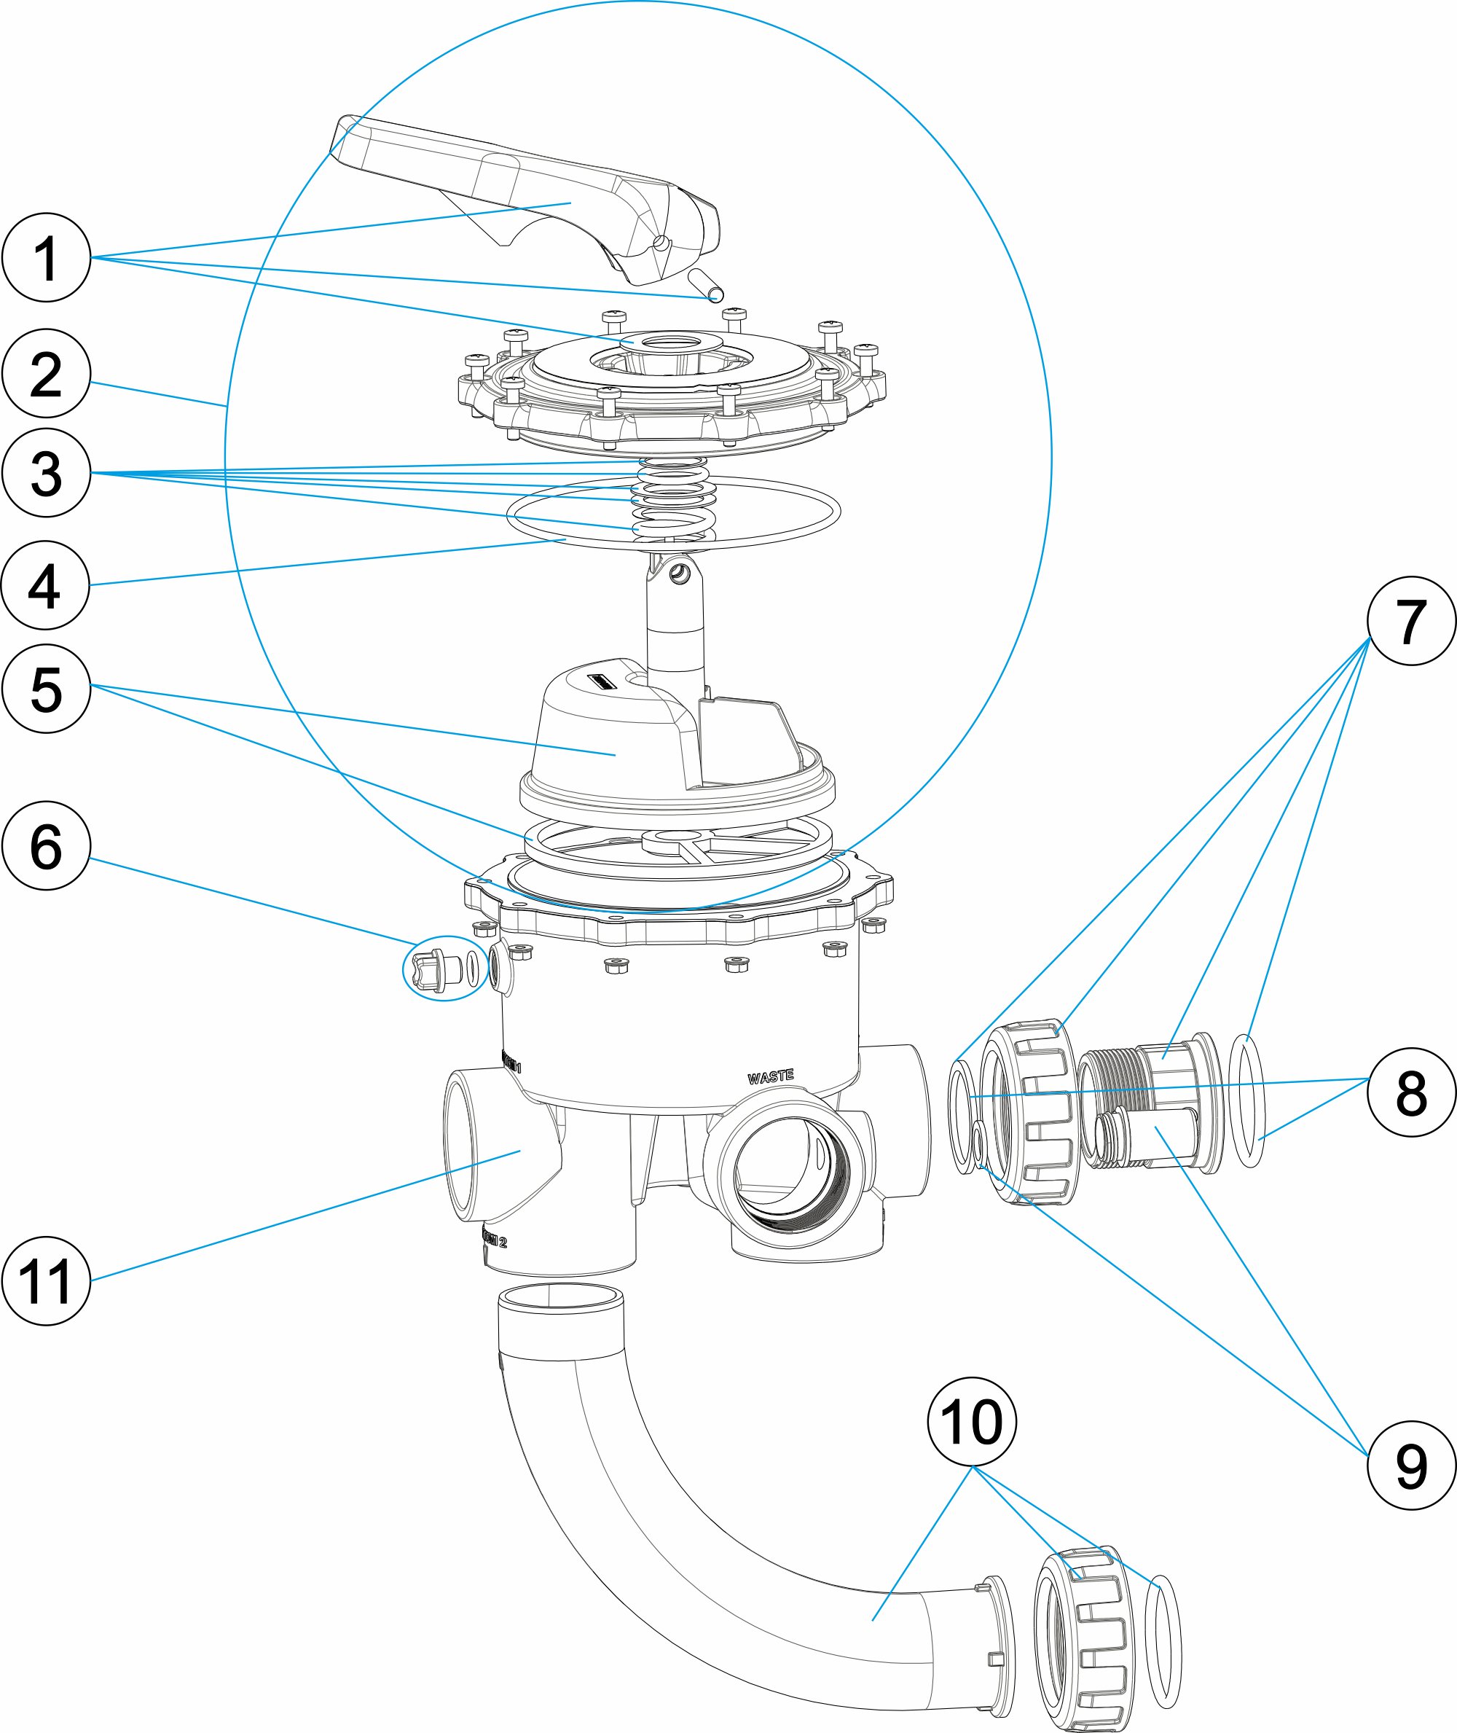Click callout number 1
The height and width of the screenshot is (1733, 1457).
click(x=46, y=258)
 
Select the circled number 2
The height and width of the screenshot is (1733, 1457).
click(x=46, y=374)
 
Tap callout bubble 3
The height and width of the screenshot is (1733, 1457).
click(x=46, y=473)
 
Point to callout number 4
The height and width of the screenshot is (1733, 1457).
click(x=44, y=585)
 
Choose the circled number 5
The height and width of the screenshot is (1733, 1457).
click(x=46, y=689)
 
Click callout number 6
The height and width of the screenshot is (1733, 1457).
click(x=46, y=845)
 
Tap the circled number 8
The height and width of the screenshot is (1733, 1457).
click(x=1411, y=1092)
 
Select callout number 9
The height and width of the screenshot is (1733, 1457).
click(x=1411, y=1466)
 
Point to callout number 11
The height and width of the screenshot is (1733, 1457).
click(x=46, y=1281)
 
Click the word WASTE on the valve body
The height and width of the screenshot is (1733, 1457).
click(x=771, y=1077)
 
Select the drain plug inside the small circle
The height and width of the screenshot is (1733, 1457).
click(x=436, y=969)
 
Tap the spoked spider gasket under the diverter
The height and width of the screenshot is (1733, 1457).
click(x=678, y=847)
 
